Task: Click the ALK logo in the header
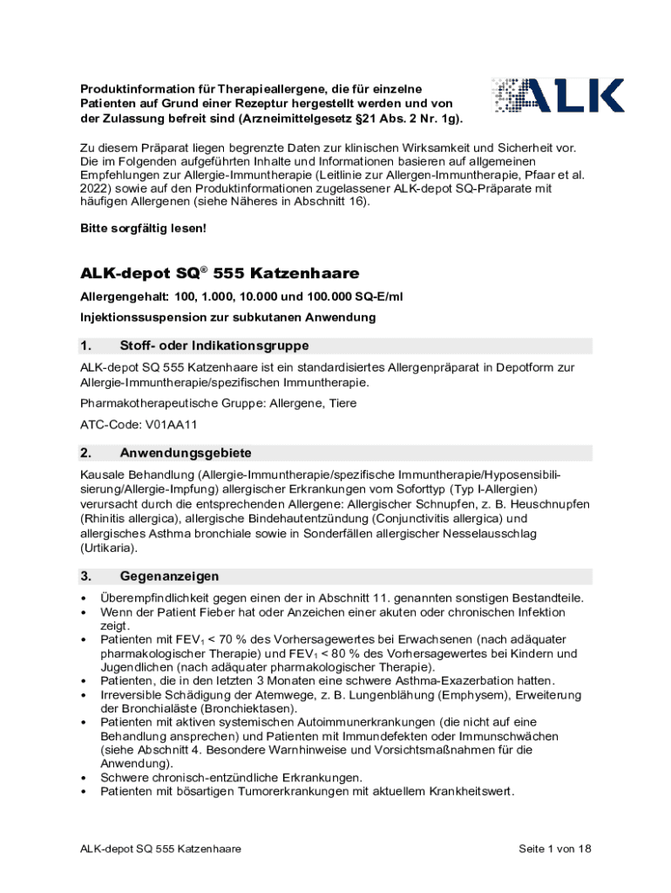(558, 97)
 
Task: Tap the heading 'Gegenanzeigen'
(169, 576)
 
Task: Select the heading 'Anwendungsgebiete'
(186, 453)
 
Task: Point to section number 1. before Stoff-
(86, 346)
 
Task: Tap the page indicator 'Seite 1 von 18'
(555, 849)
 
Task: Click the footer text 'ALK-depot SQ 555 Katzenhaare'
(161, 849)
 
